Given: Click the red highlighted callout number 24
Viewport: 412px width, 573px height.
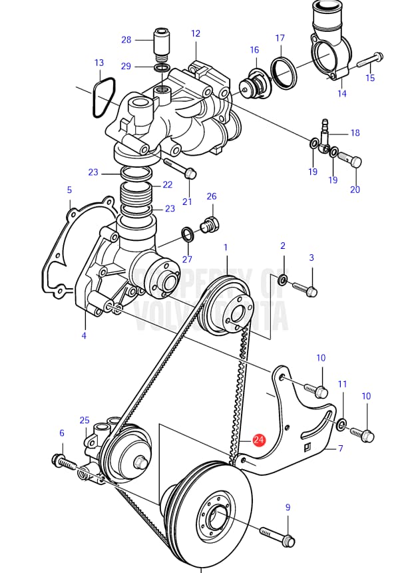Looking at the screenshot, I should [259, 440].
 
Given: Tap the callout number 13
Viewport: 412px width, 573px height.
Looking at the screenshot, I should [99, 63].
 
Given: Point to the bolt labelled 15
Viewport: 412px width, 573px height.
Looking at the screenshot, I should [369, 61].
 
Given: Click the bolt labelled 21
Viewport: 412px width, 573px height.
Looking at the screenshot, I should [185, 170].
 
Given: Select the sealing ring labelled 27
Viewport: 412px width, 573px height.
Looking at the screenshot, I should [188, 234].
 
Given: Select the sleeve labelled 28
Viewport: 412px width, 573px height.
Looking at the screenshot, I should [162, 41].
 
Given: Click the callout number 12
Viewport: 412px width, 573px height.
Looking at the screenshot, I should [195, 33].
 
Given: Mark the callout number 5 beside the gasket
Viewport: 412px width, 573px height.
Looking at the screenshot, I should [69, 190].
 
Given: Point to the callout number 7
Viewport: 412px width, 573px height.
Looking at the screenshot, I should [340, 449].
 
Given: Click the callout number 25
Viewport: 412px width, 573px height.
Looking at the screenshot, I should [84, 420].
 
